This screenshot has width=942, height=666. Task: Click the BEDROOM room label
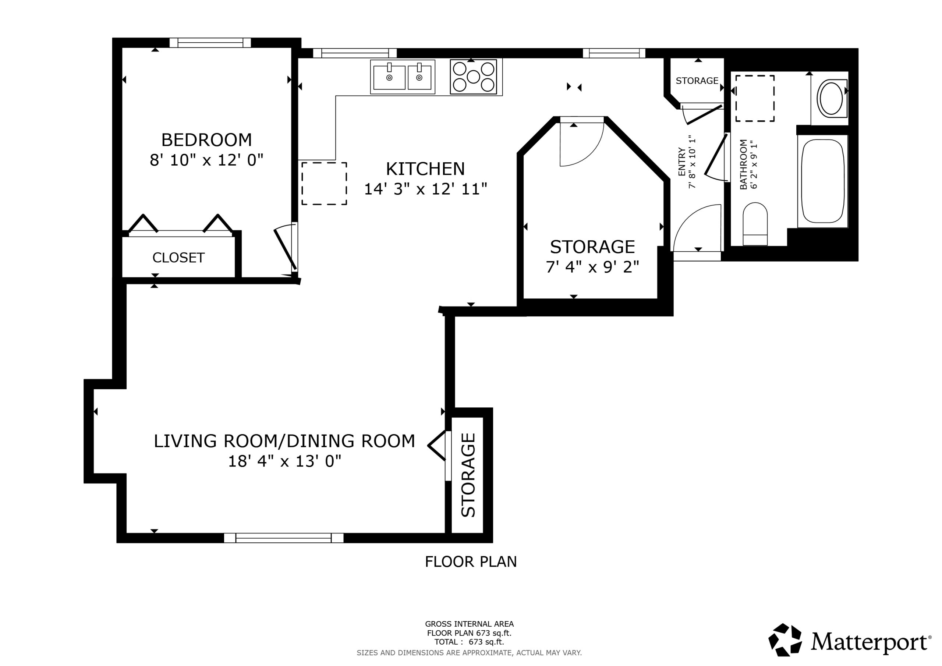[206, 140]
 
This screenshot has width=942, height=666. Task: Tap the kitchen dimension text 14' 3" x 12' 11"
[425, 189]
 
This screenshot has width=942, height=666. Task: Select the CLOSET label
[178, 258]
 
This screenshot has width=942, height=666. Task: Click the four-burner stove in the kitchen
[474, 77]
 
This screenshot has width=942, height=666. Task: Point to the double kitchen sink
[403, 77]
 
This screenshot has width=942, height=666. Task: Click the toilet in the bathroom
[755, 224]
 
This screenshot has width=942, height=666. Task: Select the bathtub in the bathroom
[823, 181]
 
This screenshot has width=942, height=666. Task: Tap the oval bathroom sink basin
[831, 99]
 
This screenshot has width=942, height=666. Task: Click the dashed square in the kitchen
[324, 184]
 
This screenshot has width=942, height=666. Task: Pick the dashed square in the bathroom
[755, 99]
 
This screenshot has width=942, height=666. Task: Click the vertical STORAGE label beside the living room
[468, 475]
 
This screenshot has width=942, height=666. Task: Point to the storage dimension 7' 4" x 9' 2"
[592, 267]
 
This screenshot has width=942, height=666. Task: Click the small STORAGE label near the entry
[697, 81]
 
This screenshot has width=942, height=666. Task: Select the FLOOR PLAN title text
[471, 562]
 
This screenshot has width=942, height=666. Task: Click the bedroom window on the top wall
[210, 43]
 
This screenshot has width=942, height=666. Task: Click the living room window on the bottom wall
[283, 538]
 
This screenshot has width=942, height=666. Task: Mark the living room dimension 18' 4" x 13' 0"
[284, 461]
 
